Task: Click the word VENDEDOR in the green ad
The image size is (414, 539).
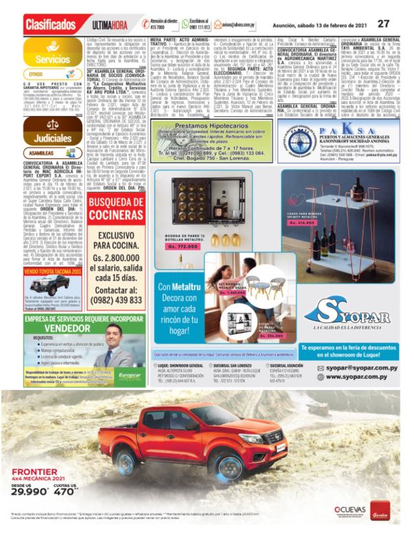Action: pyautogui.click(x=52, y=329)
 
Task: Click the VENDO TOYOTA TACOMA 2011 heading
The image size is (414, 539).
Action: pyautogui.click(x=52, y=272)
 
